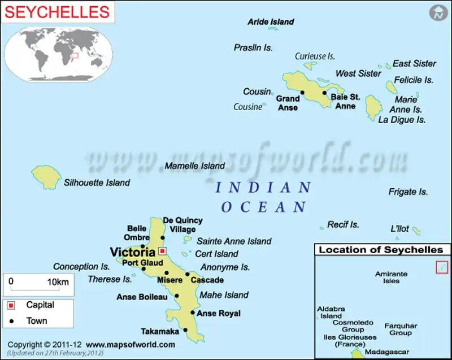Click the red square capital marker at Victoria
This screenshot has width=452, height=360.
coord(163,250)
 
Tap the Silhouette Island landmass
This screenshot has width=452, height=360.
coord(46,177)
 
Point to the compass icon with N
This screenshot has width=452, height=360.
coord(437,12)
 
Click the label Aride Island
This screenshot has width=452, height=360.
coord(271,21)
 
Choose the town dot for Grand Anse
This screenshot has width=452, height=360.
coord(302,93)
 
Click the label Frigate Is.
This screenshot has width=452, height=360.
coord(408,192)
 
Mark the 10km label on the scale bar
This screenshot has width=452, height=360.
coord(58,281)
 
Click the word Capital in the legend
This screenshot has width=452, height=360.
coord(41,305)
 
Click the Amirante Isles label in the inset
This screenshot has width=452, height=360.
coord(391,277)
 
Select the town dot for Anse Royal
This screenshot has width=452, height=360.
coord(193,313)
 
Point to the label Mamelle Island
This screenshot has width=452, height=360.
coord(194,166)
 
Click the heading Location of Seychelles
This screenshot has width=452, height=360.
coord(381,250)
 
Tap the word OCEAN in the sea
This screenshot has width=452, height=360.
coord(264,207)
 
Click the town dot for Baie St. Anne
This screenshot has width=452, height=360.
coord(325,93)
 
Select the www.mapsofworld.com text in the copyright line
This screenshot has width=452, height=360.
coord(131,344)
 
